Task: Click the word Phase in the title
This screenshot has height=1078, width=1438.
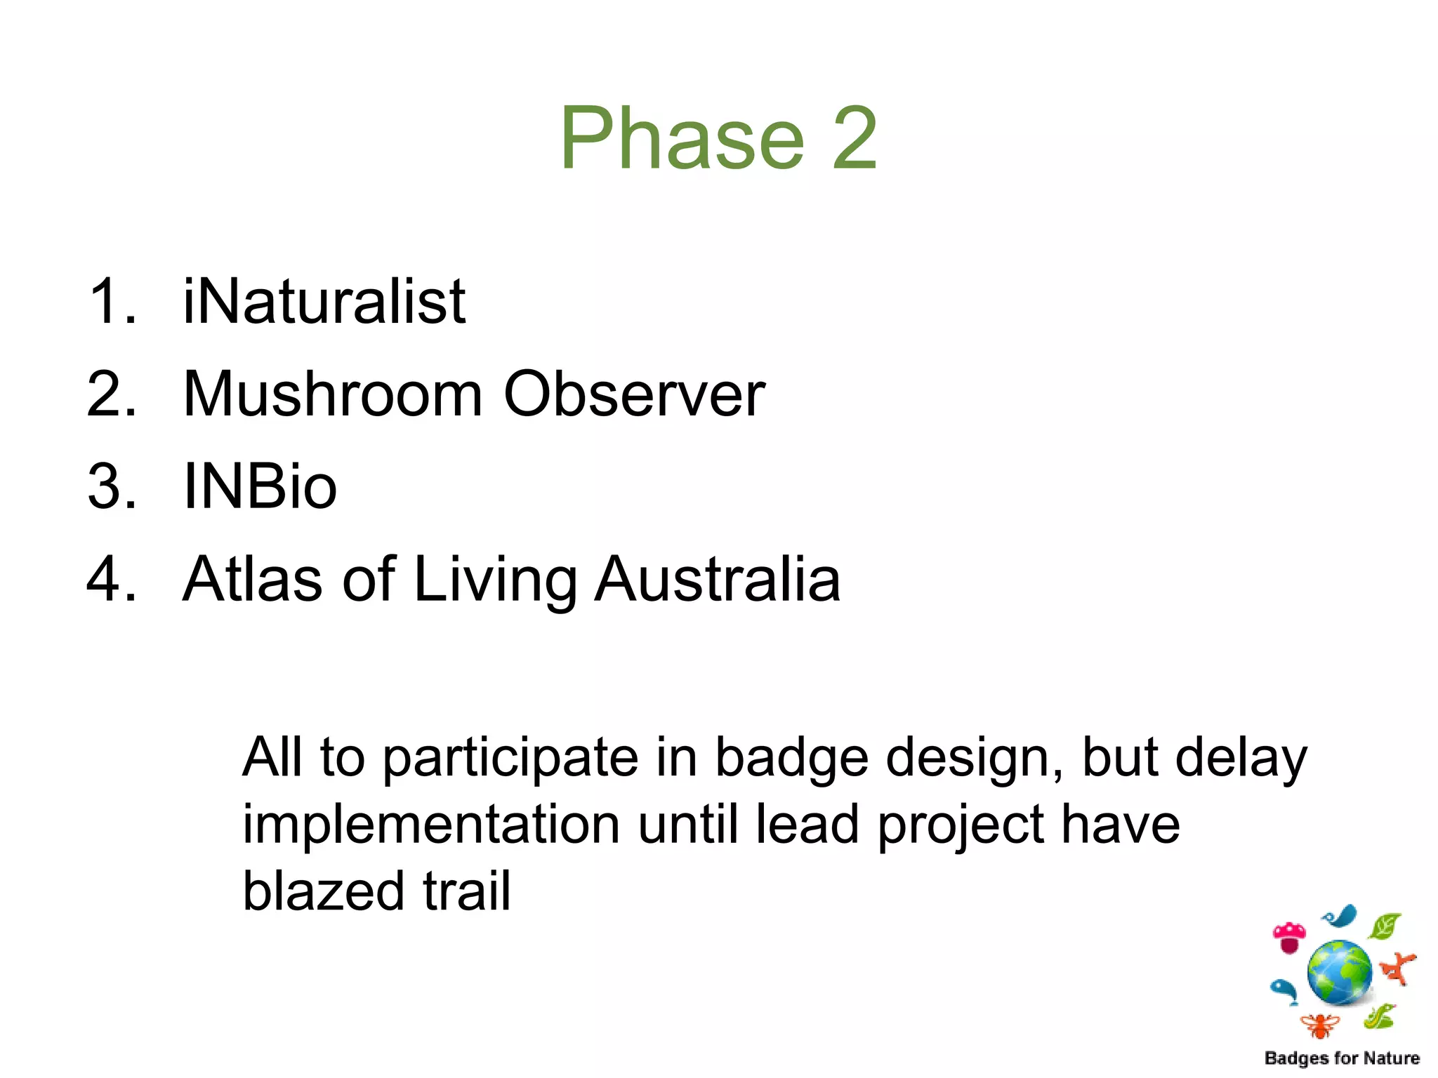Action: [x=681, y=138]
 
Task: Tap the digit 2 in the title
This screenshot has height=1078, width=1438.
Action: [x=855, y=138]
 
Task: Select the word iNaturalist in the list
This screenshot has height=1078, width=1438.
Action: [x=324, y=302]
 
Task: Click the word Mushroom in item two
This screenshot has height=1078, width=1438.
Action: [x=333, y=394]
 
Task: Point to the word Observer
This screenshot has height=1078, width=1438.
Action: [x=634, y=394]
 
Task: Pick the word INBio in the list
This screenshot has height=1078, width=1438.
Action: [x=260, y=486]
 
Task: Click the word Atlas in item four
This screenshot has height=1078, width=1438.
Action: [x=253, y=579]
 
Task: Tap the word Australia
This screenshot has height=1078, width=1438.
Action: [x=717, y=579]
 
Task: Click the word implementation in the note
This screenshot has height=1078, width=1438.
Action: [x=431, y=825]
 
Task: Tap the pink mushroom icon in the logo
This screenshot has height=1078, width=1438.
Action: [x=1289, y=938]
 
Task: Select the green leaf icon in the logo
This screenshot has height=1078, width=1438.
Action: [x=1385, y=926]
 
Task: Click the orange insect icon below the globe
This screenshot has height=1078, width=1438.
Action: [x=1320, y=1026]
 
